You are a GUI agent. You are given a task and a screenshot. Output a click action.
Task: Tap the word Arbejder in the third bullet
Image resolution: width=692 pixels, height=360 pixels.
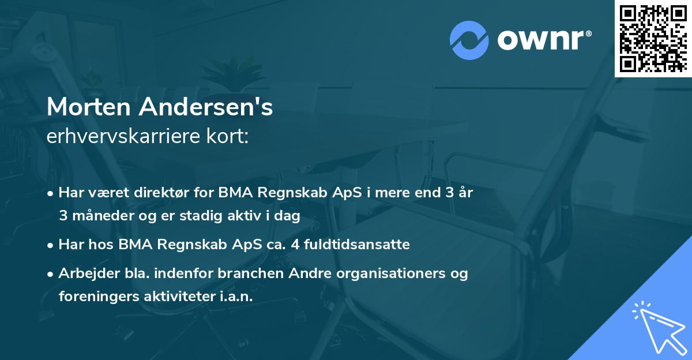84,273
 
